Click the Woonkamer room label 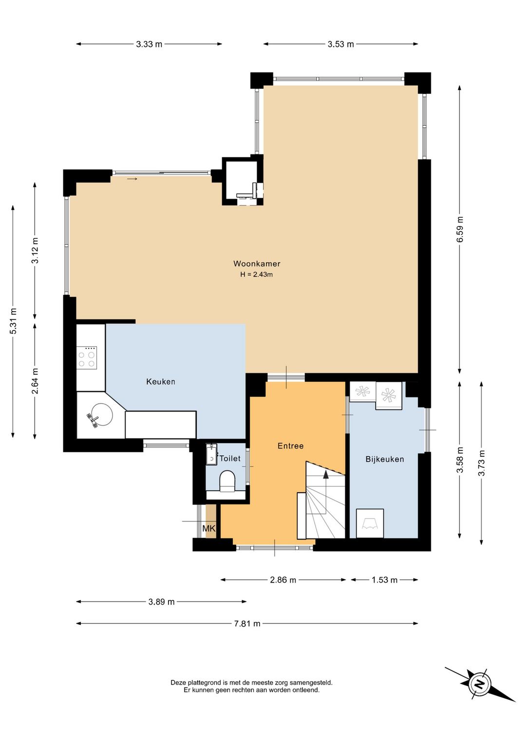(257, 264)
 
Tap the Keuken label (161, 382)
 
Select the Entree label (290, 446)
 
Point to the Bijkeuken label (385, 460)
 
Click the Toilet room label (230, 458)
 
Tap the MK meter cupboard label (209, 528)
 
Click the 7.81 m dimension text (247, 624)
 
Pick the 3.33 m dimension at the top (149, 44)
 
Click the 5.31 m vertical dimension (13, 321)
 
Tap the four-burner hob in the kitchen (87, 358)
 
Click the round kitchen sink (100, 415)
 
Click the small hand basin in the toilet (211, 455)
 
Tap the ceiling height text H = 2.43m (257, 275)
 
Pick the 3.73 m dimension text (482, 463)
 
